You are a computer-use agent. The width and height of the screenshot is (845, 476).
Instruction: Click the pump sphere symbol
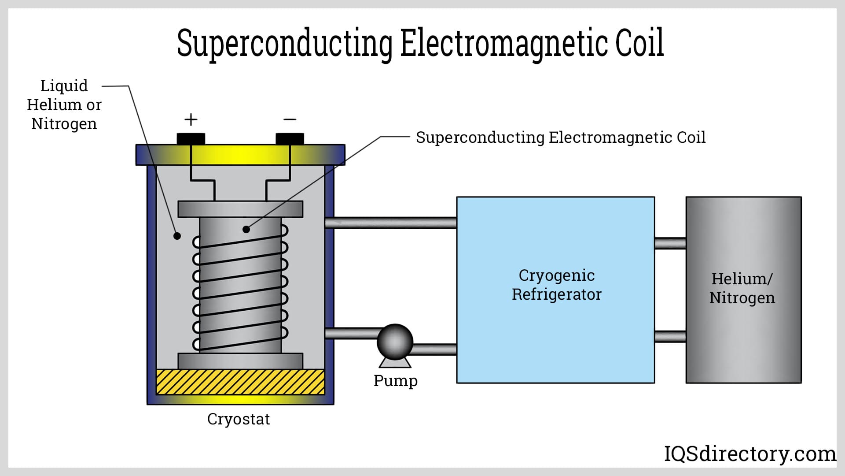tap(395, 342)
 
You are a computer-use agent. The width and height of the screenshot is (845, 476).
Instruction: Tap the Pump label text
tap(395, 380)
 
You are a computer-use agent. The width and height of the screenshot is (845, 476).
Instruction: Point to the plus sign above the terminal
tap(191, 119)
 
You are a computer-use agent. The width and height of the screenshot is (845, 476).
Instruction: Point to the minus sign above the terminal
tap(290, 119)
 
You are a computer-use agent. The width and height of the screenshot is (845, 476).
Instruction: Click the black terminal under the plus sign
tap(191, 138)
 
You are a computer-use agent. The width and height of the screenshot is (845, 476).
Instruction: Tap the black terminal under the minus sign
tap(290, 138)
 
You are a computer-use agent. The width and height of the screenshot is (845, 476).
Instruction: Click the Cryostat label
tap(238, 419)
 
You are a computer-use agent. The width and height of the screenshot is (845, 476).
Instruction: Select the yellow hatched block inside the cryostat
tap(240, 382)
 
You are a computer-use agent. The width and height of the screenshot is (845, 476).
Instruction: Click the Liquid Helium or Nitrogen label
tap(64, 104)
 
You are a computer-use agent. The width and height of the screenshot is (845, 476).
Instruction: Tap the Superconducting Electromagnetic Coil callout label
tap(560, 138)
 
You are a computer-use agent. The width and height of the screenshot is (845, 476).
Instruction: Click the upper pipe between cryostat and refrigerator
tap(390, 223)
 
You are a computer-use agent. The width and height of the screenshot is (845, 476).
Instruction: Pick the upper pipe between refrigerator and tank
tap(670, 243)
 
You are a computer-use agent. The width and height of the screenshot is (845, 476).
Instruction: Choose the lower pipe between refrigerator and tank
tap(670, 336)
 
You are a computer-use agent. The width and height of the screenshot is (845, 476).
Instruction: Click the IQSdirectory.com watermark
tap(749, 454)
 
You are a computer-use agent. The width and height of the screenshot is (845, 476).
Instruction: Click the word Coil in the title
tap(639, 43)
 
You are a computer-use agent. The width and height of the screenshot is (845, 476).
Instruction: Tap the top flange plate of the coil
tap(240, 209)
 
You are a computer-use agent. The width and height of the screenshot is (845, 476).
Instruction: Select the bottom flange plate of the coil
tap(240, 361)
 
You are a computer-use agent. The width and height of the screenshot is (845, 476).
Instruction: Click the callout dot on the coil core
tap(246, 229)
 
